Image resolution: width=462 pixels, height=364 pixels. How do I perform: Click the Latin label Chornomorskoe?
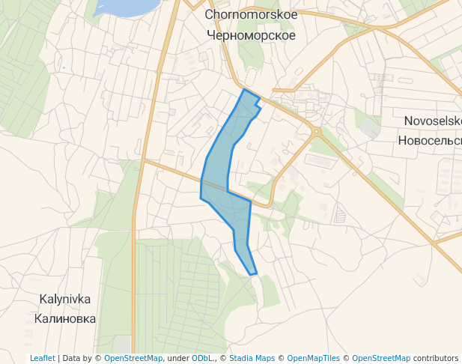pos(251,15)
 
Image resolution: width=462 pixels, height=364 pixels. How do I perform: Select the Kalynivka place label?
pos(64,299)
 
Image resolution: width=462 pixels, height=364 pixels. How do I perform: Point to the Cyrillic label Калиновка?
pos(64,318)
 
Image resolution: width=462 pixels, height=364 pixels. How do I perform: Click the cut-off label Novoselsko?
pos(432,121)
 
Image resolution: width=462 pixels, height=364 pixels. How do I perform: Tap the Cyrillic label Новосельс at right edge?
pos(429,140)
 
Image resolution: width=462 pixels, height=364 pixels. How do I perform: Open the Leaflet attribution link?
pos(42,358)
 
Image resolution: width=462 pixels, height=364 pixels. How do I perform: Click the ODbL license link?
pos(201,358)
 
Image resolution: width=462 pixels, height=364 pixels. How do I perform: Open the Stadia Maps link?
pos(252,358)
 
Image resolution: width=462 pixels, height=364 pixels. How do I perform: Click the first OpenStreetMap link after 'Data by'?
pos(133,358)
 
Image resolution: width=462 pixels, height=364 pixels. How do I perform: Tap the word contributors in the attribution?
pos(435,358)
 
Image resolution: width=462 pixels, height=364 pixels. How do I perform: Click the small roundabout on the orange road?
pos(316,132)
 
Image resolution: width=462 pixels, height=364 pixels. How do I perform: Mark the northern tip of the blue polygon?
pos(243,89)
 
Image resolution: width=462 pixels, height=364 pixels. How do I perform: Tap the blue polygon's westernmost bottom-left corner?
pos(201,198)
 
